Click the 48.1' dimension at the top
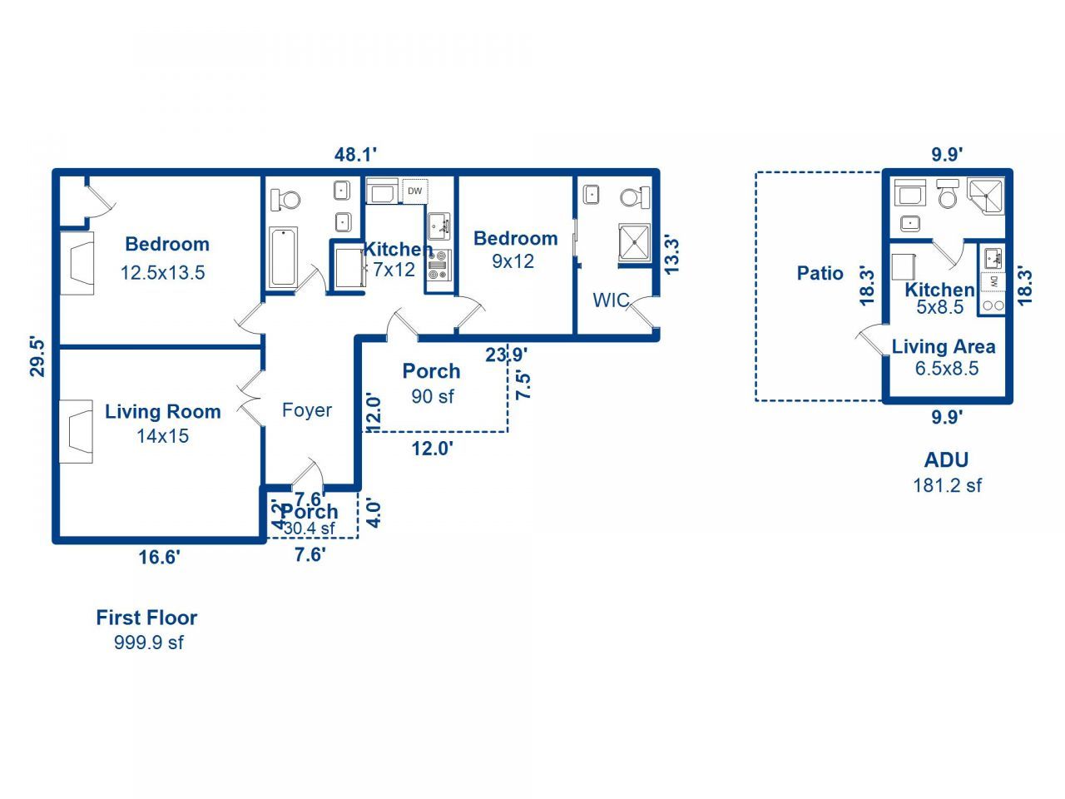pos(356,154)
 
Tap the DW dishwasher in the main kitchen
pos(414,191)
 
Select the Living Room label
pos(162,411)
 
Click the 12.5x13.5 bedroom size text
pos(162,272)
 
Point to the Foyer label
pos(306,409)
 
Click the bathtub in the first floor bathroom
pos(283,257)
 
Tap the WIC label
pos(611,300)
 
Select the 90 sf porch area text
pos(433,396)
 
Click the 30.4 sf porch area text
pos(309,529)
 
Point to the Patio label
pos(820,273)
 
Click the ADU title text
pos(946,459)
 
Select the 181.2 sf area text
pos(947,485)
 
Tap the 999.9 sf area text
pos(148,643)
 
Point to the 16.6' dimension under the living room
pos(159,557)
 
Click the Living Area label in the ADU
pos(944,346)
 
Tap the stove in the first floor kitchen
pos(438,266)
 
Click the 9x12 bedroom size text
pos(513,261)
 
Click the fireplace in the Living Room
pos(76,431)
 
